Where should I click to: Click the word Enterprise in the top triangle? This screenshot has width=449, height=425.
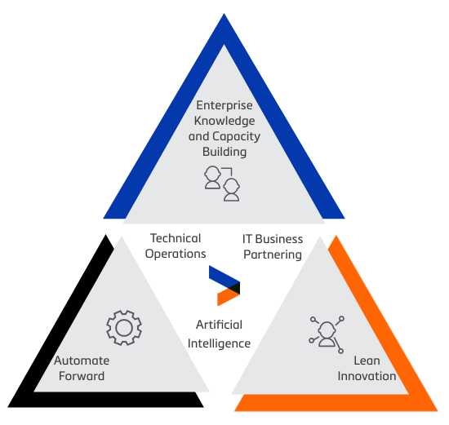[x=224, y=105]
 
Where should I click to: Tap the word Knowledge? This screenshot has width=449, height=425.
[x=224, y=121]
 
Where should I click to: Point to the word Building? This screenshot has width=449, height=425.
[x=224, y=152]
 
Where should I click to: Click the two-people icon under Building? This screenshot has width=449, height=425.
[x=222, y=184]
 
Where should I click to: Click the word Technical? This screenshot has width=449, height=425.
[x=176, y=238]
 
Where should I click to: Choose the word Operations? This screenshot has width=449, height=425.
[x=176, y=254]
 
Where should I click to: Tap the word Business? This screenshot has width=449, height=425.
[x=279, y=239]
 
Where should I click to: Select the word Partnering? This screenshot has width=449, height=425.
[x=273, y=255]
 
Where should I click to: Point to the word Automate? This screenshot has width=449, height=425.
[x=82, y=361]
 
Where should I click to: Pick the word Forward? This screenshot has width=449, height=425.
[x=82, y=376]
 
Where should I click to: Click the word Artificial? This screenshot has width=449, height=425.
[x=219, y=325]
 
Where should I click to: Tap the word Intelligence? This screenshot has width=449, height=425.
[x=219, y=343]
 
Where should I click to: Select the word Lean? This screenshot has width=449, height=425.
[x=367, y=361]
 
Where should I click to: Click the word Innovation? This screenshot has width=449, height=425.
[x=367, y=376]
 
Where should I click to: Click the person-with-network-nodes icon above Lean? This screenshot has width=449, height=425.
[x=327, y=334]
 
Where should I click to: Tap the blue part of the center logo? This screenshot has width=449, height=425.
[x=220, y=276]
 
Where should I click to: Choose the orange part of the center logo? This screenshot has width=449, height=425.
[x=224, y=298]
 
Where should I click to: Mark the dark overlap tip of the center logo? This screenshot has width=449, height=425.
[x=236, y=288]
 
